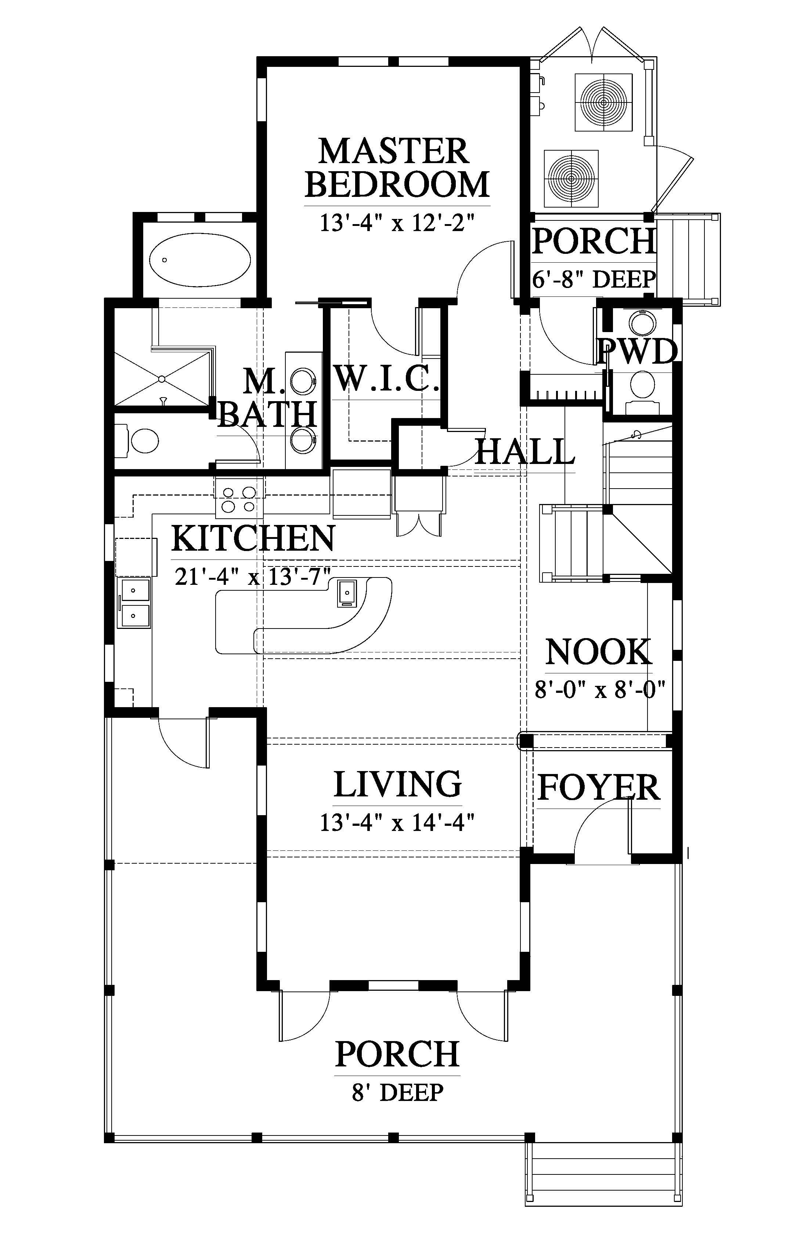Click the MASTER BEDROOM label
pyautogui.click(x=397, y=168)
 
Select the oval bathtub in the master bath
pyautogui.click(x=199, y=260)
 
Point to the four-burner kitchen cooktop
pyautogui.click(x=239, y=499)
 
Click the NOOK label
pyautogui.click(x=599, y=652)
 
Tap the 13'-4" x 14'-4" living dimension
pyautogui.click(x=397, y=823)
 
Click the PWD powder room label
pyautogui.click(x=638, y=351)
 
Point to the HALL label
pyautogui.click(x=525, y=451)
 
